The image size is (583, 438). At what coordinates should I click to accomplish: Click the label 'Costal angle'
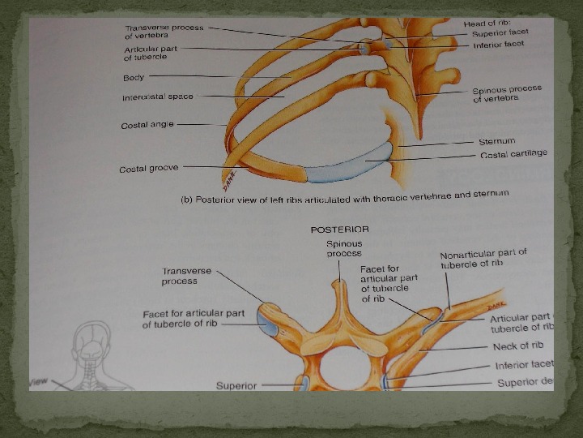[x=147, y=125]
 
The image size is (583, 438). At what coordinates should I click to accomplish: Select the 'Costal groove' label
[x=148, y=169]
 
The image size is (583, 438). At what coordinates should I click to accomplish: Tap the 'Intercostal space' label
[x=158, y=97]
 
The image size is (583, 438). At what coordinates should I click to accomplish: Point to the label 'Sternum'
[x=496, y=141]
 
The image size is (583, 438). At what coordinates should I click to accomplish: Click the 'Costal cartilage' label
[x=513, y=153]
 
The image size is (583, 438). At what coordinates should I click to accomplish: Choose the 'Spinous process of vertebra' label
[x=507, y=94]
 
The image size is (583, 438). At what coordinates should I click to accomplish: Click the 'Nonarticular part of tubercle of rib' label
[x=483, y=259]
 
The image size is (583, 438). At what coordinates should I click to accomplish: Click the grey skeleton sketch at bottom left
[x=91, y=357]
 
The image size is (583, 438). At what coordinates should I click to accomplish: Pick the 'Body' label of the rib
[x=134, y=78]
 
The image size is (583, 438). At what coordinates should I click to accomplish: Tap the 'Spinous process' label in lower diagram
[x=344, y=248]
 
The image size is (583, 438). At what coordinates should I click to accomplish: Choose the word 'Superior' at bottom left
[x=236, y=385]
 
